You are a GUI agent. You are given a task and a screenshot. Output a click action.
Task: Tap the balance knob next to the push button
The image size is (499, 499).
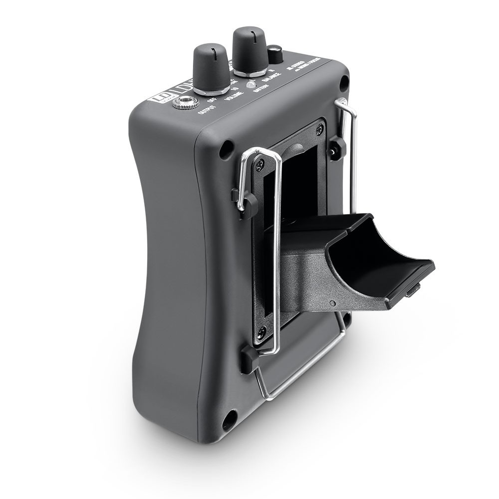pyautogui.click(x=248, y=49)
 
